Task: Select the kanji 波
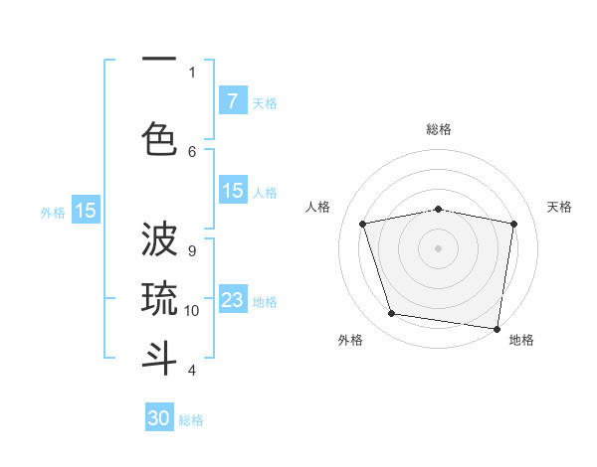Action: click(159, 242)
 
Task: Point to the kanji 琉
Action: click(159, 299)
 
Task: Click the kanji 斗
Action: click(159, 358)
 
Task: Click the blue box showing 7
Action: click(232, 101)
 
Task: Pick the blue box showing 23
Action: click(232, 301)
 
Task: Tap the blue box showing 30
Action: click(159, 418)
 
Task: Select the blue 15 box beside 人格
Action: click(232, 192)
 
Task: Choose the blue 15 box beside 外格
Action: click(86, 211)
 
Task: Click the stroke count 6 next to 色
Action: click(192, 151)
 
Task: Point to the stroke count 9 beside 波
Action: click(192, 250)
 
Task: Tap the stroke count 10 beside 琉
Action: click(192, 310)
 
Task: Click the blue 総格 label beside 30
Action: click(191, 420)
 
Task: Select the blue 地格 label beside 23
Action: click(265, 302)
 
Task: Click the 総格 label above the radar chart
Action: click(438, 129)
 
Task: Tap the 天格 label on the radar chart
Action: click(559, 207)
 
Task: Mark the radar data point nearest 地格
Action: click(497, 328)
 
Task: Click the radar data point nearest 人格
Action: click(364, 224)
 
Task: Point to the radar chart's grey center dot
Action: click(438, 247)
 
